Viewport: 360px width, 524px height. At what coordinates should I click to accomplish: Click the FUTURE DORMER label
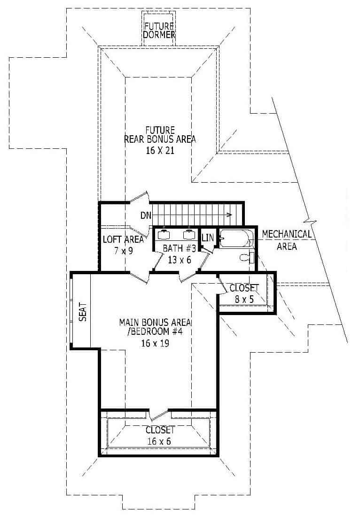tap(159, 30)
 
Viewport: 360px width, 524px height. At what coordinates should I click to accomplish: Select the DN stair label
tap(146, 215)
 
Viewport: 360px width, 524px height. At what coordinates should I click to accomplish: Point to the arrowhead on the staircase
tap(229, 215)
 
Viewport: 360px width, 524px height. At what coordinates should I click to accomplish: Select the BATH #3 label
tap(177, 248)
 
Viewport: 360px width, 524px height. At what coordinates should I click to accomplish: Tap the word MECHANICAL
tap(286, 234)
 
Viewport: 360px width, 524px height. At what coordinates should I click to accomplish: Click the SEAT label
tap(83, 311)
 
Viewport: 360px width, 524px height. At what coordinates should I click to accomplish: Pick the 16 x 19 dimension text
tap(156, 343)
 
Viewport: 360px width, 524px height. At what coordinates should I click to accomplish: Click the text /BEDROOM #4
tap(156, 333)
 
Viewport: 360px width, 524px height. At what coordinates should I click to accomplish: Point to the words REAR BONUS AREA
tap(160, 139)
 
